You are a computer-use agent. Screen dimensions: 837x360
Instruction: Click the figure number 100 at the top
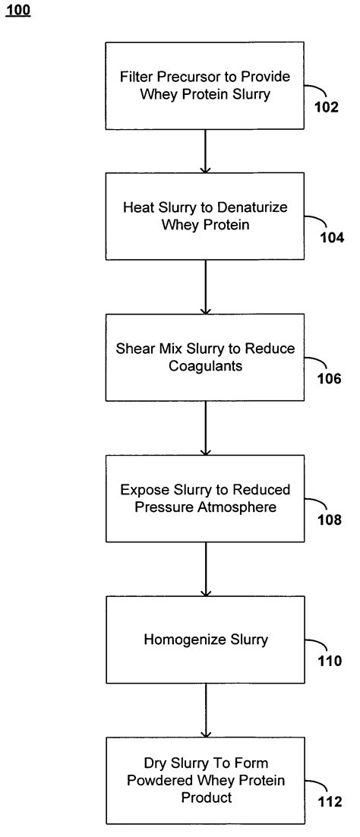[x=21, y=11]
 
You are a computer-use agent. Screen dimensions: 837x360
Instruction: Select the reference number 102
[x=327, y=107]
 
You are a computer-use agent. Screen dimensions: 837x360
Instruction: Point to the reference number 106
[x=330, y=379]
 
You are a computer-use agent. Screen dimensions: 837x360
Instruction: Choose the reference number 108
[x=330, y=520]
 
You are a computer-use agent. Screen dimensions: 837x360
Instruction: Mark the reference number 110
[x=330, y=661]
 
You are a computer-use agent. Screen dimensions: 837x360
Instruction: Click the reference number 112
[x=330, y=802]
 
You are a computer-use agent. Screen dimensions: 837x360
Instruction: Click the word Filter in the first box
[x=134, y=77]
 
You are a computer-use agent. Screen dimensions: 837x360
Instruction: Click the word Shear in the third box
[x=134, y=349]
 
